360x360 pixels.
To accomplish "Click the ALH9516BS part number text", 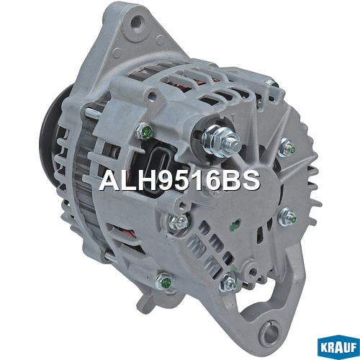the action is [x=180, y=180].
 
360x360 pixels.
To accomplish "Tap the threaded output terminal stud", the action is [x=233, y=143].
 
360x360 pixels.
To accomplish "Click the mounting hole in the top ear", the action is [x=138, y=22].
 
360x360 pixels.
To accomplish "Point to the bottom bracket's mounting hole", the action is [x=271, y=332].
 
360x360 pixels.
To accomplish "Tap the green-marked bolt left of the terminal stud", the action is [x=144, y=131].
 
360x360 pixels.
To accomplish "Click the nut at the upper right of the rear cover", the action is [x=287, y=148].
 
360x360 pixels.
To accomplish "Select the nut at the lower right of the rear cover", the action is [x=287, y=217].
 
